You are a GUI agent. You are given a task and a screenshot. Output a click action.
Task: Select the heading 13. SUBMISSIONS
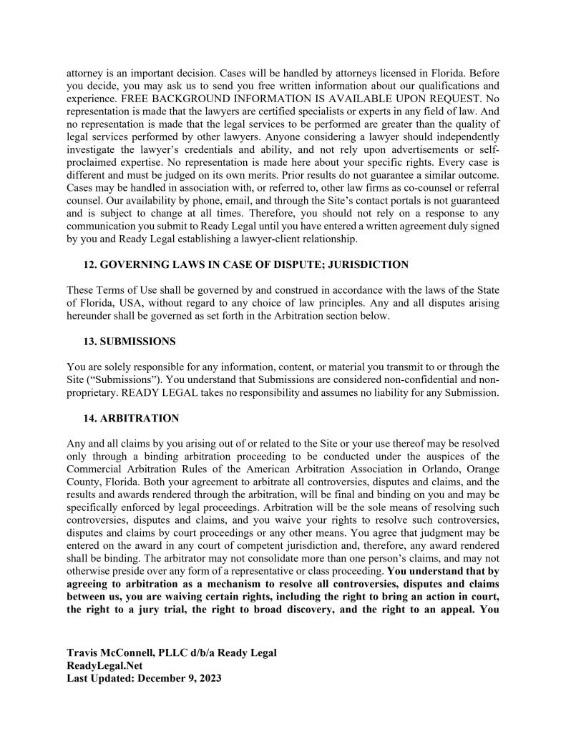tap(130, 342)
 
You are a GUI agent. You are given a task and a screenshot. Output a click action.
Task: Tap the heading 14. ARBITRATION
tap(132, 417)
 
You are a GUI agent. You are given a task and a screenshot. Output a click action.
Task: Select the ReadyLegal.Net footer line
tap(104, 665)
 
